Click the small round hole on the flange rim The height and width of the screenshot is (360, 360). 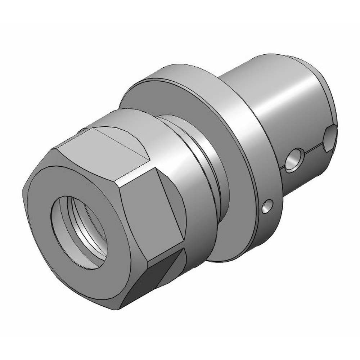coord(266,207)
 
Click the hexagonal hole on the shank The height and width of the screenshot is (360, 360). coord(330,139)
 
